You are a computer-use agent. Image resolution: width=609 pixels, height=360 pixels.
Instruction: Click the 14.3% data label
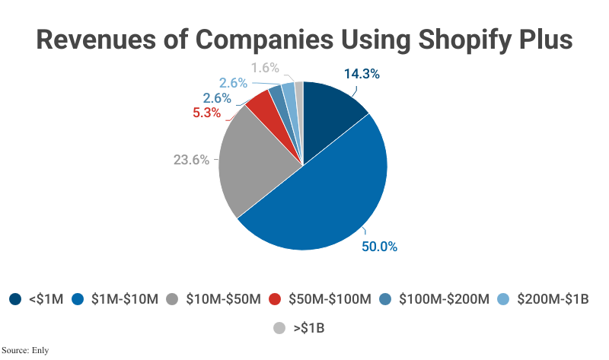click(362, 75)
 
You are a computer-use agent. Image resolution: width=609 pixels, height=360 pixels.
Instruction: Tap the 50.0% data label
click(379, 247)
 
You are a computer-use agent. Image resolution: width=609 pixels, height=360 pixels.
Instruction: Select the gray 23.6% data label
click(192, 161)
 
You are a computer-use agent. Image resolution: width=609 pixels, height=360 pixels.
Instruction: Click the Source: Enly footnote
click(25, 350)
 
